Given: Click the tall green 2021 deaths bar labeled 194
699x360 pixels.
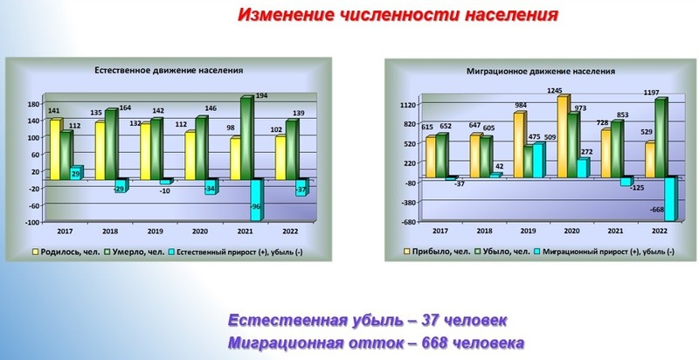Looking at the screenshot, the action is [246, 138].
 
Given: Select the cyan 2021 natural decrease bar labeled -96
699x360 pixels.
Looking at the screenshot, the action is [257, 199].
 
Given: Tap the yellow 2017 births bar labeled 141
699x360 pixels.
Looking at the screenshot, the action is [56, 149].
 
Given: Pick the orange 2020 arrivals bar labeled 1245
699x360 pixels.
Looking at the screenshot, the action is [563, 136].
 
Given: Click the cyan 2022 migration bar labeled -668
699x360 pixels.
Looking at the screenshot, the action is [671, 198].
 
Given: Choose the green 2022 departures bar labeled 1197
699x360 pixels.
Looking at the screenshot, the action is [661, 138].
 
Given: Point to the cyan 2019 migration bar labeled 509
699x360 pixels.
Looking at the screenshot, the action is [539, 161].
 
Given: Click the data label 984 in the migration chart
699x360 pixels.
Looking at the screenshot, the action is [521, 105].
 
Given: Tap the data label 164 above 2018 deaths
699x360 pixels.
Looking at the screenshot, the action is [125, 107].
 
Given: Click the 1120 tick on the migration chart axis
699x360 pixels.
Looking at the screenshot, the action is [411, 104].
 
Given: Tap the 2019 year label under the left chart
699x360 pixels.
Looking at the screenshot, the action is [155, 232].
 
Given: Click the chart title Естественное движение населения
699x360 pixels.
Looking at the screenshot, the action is [169, 70].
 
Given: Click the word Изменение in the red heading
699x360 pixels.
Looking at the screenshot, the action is [286, 15].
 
